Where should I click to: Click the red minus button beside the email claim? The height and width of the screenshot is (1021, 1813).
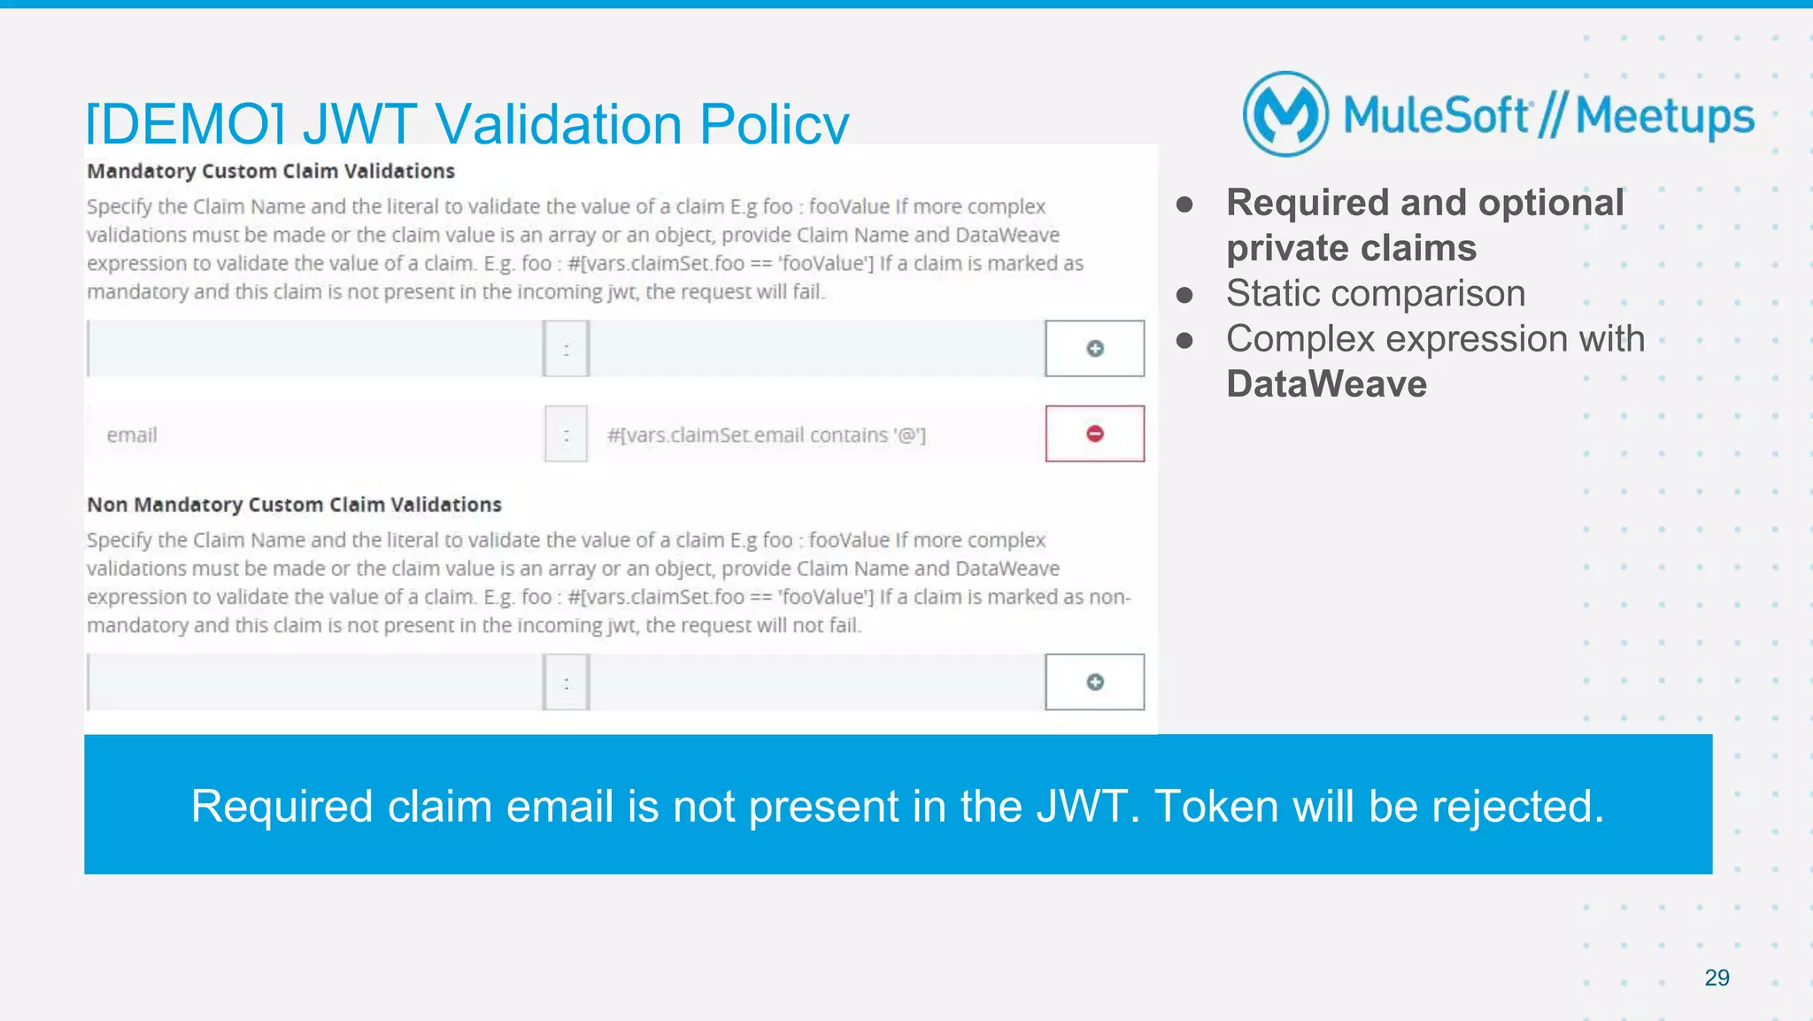[x=1094, y=434]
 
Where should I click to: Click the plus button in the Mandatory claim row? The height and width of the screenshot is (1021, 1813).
[x=1094, y=349]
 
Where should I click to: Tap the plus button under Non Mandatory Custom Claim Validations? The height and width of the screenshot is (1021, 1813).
[x=1094, y=682]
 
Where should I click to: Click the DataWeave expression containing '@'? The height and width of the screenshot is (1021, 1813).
[x=767, y=435]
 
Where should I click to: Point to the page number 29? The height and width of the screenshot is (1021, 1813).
[x=1717, y=978]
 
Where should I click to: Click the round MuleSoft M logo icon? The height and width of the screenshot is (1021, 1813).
[x=1285, y=114]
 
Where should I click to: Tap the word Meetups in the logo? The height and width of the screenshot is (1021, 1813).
[x=1664, y=116]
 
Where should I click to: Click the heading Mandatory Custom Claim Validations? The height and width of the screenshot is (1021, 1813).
[x=271, y=171]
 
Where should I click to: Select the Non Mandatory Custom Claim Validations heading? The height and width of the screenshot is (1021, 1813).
[x=294, y=505]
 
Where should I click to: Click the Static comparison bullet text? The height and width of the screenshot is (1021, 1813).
[x=1376, y=293]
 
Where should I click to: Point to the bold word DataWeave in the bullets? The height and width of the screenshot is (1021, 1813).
[x=1326, y=384]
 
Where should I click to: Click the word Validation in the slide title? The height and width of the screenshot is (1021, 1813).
[x=559, y=124]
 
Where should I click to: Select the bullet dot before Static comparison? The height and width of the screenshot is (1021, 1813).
[x=1184, y=295]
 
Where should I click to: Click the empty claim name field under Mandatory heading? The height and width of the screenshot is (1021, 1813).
[x=315, y=349]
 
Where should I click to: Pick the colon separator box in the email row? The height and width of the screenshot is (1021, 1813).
[x=567, y=435]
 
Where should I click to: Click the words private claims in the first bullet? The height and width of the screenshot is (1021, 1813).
[x=1351, y=248]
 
